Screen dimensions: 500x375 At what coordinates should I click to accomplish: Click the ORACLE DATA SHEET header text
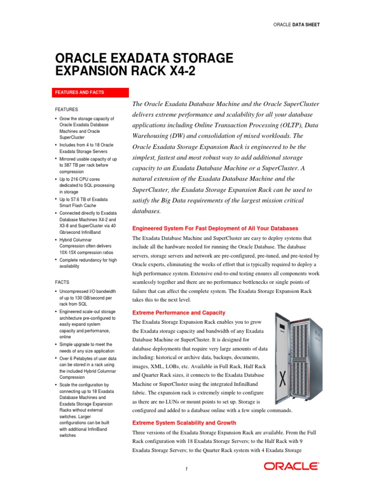tap(296, 24)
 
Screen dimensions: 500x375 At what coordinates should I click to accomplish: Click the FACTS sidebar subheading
tap(62, 282)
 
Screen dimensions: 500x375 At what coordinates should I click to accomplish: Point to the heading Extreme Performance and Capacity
tap(179, 312)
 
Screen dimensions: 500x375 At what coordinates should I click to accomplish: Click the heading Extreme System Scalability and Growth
tap(184, 423)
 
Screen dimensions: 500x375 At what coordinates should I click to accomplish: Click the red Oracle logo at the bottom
tap(292, 466)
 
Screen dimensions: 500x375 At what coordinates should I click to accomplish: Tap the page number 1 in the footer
tap(187, 469)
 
